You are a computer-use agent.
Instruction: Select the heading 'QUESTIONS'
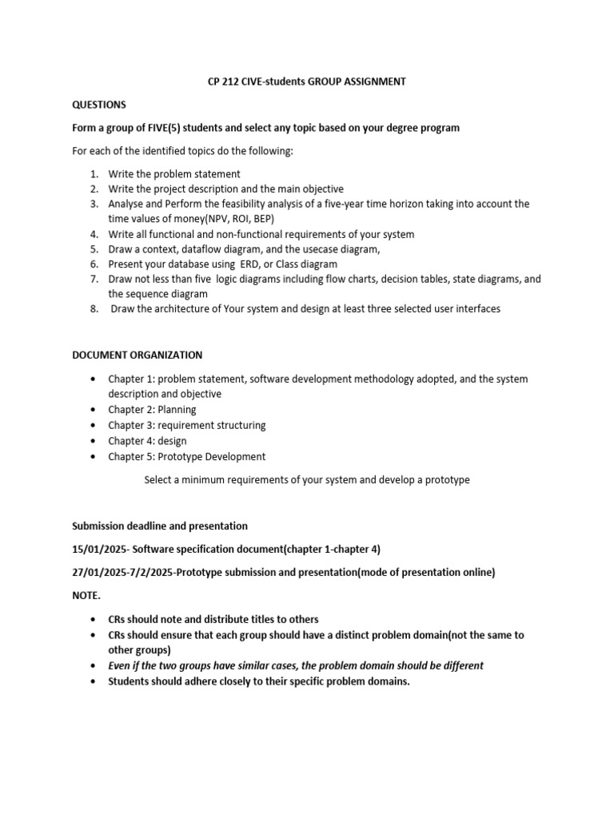click(x=99, y=105)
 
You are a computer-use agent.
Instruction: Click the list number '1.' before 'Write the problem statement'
click(x=94, y=173)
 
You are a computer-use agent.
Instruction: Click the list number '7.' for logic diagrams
click(x=94, y=280)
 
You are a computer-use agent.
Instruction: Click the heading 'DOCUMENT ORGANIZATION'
click(x=138, y=355)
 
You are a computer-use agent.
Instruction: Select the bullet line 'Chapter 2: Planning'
click(x=152, y=410)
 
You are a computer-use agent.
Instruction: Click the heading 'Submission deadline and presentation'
click(x=160, y=526)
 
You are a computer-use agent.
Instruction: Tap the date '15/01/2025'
click(x=100, y=550)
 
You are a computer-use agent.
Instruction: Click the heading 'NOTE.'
click(x=86, y=596)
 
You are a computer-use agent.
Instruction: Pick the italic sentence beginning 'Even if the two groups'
click(x=296, y=665)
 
